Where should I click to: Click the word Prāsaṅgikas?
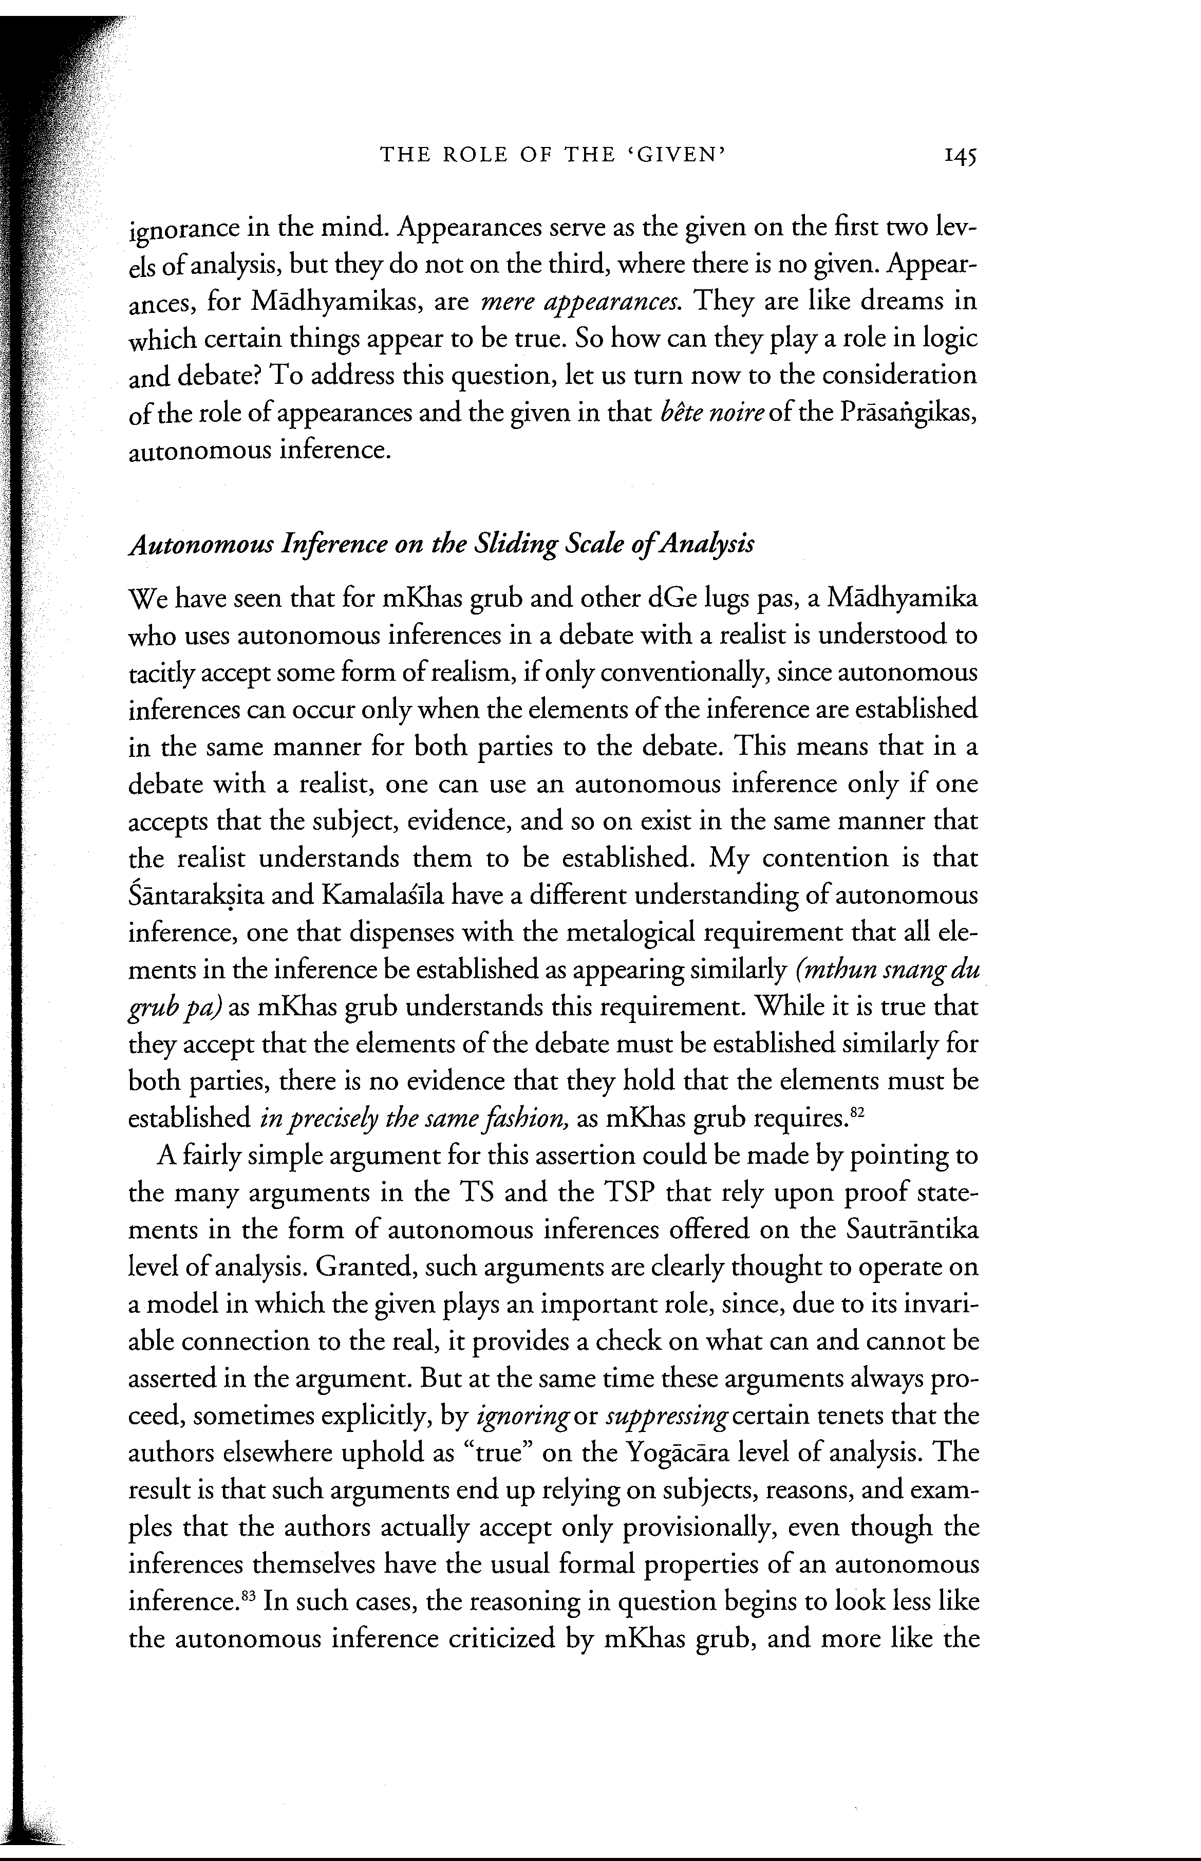[909, 414]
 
